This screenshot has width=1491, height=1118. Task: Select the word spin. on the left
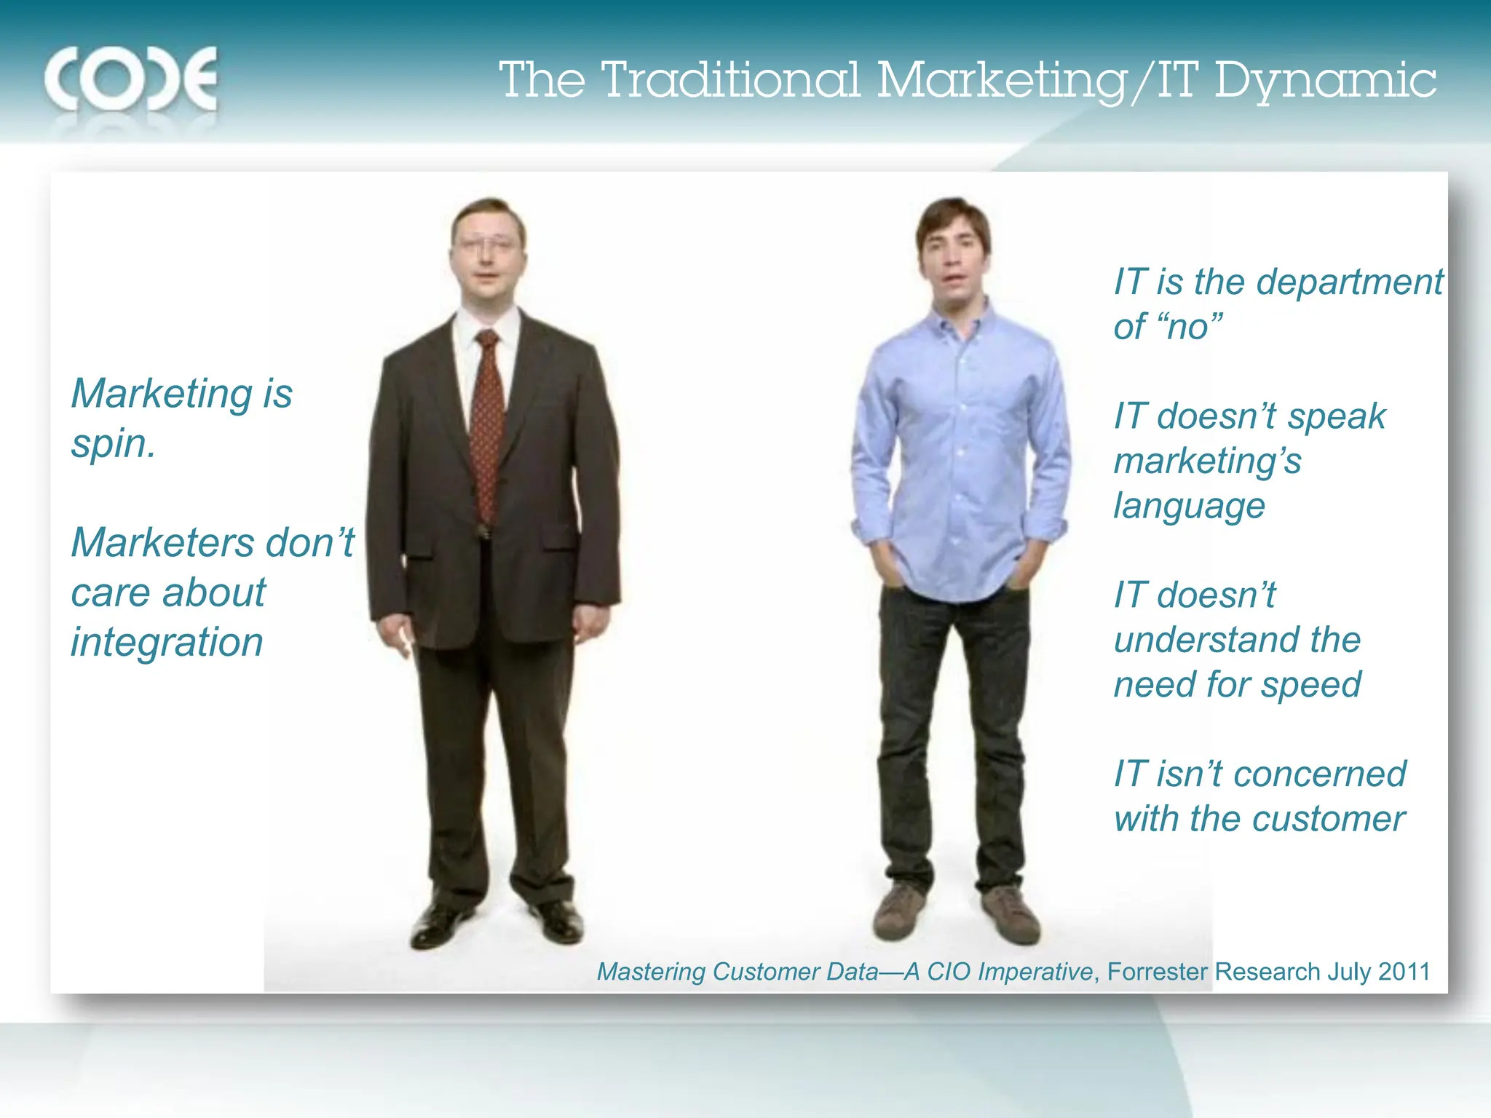coord(113,444)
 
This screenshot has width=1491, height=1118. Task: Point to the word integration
coord(167,642)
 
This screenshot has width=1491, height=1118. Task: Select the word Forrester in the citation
coord(1157,972)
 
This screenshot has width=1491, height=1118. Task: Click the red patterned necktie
coord(486,429)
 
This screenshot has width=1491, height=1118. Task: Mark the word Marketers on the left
coord(162,543)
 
